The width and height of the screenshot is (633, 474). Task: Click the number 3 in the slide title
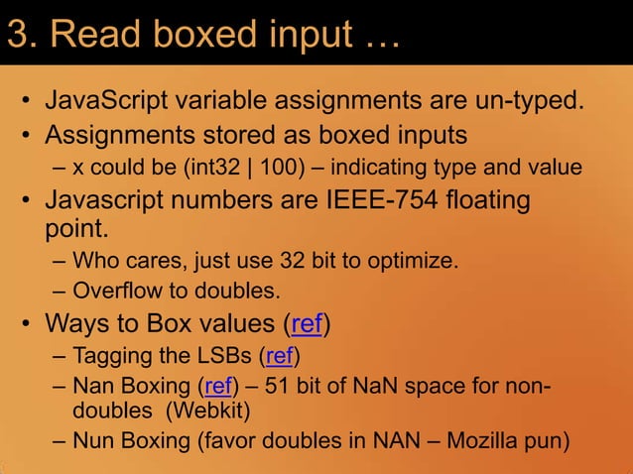pyautogui.click(x=18, y=35)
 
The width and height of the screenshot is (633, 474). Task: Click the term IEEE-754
pyautogui.click(x=377, y=199)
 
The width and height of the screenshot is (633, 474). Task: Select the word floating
pyautogui.click(x=484, y=199)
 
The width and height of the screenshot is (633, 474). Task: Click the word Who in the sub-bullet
pyautogui.click(x=96, y=262)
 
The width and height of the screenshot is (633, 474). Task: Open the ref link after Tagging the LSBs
pyautogui.click(x=278, y=356)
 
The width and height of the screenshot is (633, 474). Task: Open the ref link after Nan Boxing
pyautogui.click(x=217, y=386)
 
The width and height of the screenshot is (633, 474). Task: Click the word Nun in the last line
pyautogui.click(x=94, y=439)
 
